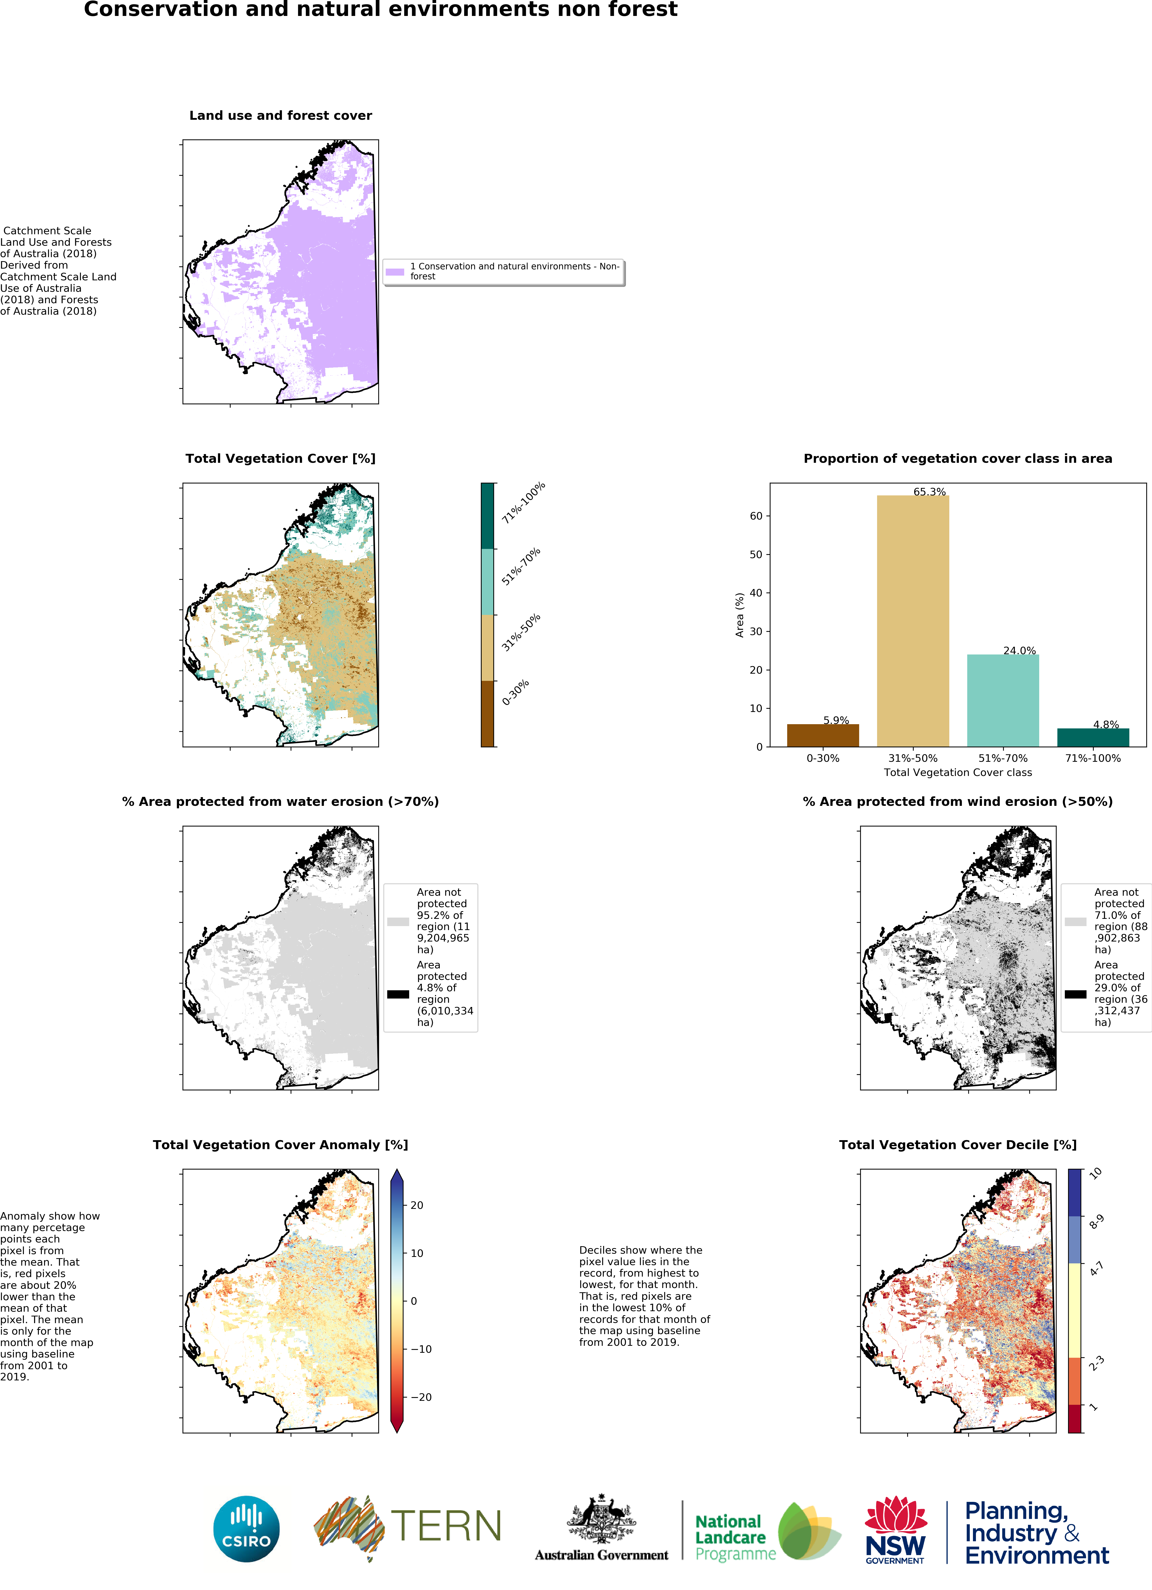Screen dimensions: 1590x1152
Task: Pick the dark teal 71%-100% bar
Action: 1092,738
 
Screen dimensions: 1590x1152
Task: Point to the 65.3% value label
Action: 929,491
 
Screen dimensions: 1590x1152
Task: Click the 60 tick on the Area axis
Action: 756,516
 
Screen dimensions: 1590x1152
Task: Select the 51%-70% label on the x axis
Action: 1003,758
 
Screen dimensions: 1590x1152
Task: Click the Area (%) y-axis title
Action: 739,615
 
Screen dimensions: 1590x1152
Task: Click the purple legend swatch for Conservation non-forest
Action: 395,271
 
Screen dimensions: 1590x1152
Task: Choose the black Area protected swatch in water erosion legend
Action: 397,993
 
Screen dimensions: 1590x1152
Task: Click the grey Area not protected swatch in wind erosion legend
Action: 1075,921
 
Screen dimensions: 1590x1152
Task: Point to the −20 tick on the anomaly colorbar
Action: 421,1397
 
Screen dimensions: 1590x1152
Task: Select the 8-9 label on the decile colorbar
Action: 1096,1222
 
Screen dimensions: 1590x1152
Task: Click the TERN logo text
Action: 446,1526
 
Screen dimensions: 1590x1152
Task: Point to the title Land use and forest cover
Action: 280,115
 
